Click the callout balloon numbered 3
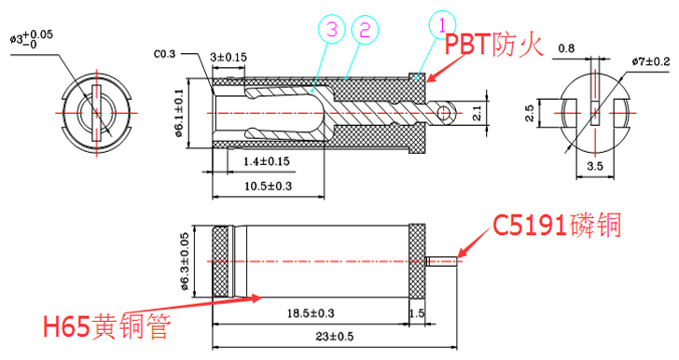tap(331, 30)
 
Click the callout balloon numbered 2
tap(365, 30)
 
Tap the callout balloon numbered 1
tap(442, 25)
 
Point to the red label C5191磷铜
tap(558, 225)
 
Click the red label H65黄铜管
tap(106, 326)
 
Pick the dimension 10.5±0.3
tap(268, 187)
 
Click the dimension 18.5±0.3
tap(311, 312)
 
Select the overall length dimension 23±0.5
tap(334, 336)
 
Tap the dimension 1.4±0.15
tap(267, 161)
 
